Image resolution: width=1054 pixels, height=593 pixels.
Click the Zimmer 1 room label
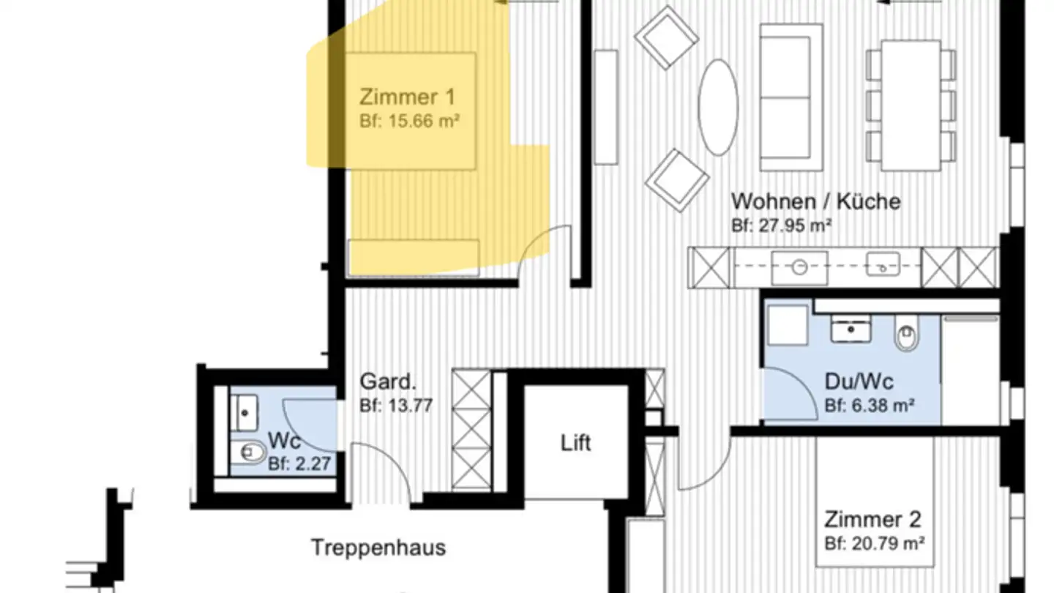408,97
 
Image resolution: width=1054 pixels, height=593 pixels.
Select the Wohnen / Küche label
816,202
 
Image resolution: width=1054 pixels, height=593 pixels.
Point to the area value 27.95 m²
796,226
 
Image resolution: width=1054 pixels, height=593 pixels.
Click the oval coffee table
718,108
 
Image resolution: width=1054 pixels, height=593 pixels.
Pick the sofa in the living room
791,97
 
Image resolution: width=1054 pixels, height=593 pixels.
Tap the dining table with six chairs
911,105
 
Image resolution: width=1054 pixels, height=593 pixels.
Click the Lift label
575,443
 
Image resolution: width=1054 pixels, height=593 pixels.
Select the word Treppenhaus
378,548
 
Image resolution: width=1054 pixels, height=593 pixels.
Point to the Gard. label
388,381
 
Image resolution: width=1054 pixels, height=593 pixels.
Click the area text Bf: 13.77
396,406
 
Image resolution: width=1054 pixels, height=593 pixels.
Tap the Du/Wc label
859,381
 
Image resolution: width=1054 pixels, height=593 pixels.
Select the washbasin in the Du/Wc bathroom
851,329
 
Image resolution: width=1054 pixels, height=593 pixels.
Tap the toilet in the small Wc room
248,452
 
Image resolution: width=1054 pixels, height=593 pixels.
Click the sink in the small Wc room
244,413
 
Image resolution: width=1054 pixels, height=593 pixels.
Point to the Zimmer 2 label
872,520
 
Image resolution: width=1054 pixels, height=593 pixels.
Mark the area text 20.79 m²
889,544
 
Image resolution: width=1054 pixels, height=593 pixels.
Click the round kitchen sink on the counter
799,268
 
